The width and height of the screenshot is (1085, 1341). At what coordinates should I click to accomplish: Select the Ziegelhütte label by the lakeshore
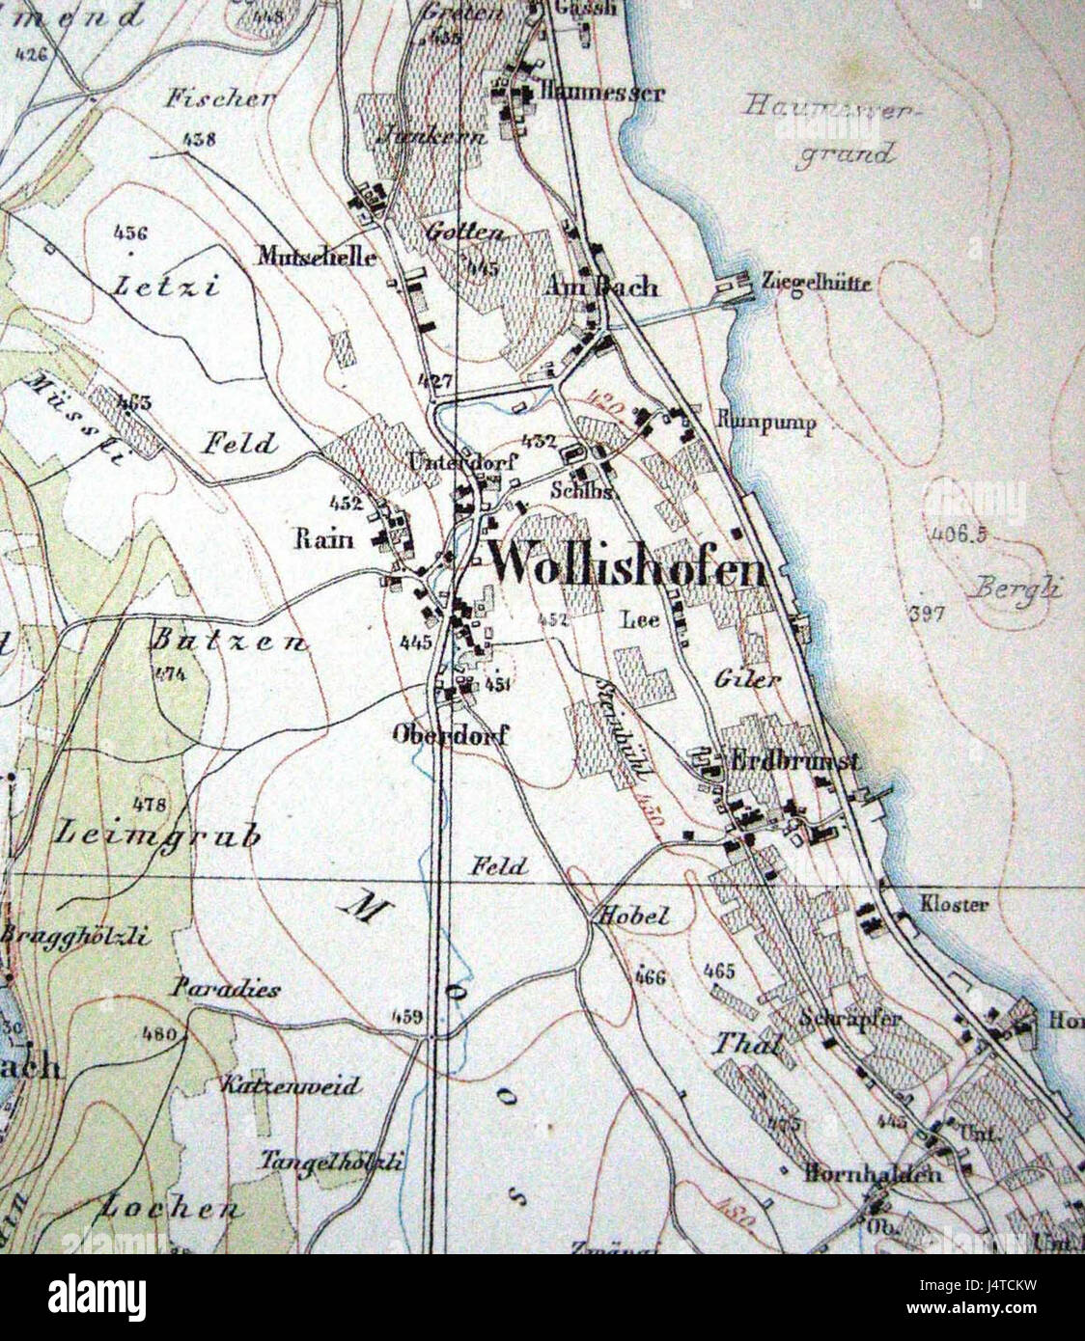click(x=817, y=283)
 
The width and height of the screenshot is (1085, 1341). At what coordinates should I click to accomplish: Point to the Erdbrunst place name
click(x=797, y=761)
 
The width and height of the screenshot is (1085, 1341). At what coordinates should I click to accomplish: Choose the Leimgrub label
click(x=160, y=834)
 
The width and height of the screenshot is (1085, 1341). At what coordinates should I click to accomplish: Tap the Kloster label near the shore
click(x=954, y=905)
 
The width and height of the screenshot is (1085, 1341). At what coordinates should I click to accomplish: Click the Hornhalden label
click(x=872, y=1174)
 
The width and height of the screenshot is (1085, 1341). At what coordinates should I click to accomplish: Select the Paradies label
click(x=228, y=989)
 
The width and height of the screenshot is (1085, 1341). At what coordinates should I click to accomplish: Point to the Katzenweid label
click(x=290, y=1086)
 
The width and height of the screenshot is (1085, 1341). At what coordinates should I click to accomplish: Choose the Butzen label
click(x=230, y=642)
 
